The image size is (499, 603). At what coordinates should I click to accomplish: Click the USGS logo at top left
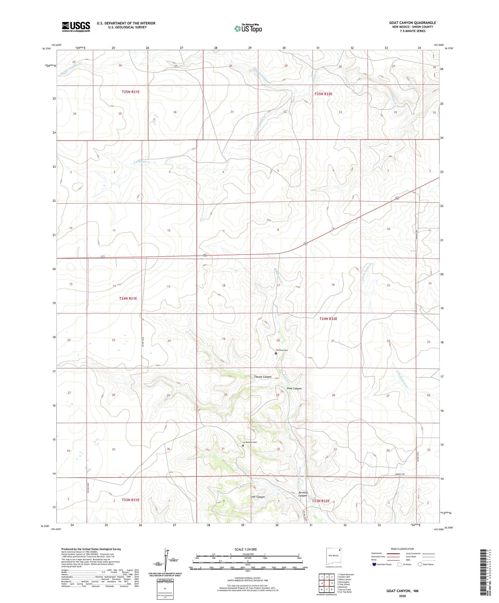point(76,27)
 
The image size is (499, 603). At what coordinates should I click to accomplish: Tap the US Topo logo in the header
point(248,28)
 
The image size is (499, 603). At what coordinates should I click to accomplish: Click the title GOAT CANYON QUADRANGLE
point(412,23)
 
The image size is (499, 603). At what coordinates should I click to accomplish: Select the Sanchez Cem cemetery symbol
point(276,353)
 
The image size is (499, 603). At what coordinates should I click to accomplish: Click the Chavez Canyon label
point(262,377)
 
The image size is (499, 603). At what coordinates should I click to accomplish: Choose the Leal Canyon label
point(257,497)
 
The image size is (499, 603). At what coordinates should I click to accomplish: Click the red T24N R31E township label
point(128,298)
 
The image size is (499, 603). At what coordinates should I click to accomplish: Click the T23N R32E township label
point(320,501)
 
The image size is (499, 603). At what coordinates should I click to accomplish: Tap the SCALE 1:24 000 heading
point(245,549)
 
